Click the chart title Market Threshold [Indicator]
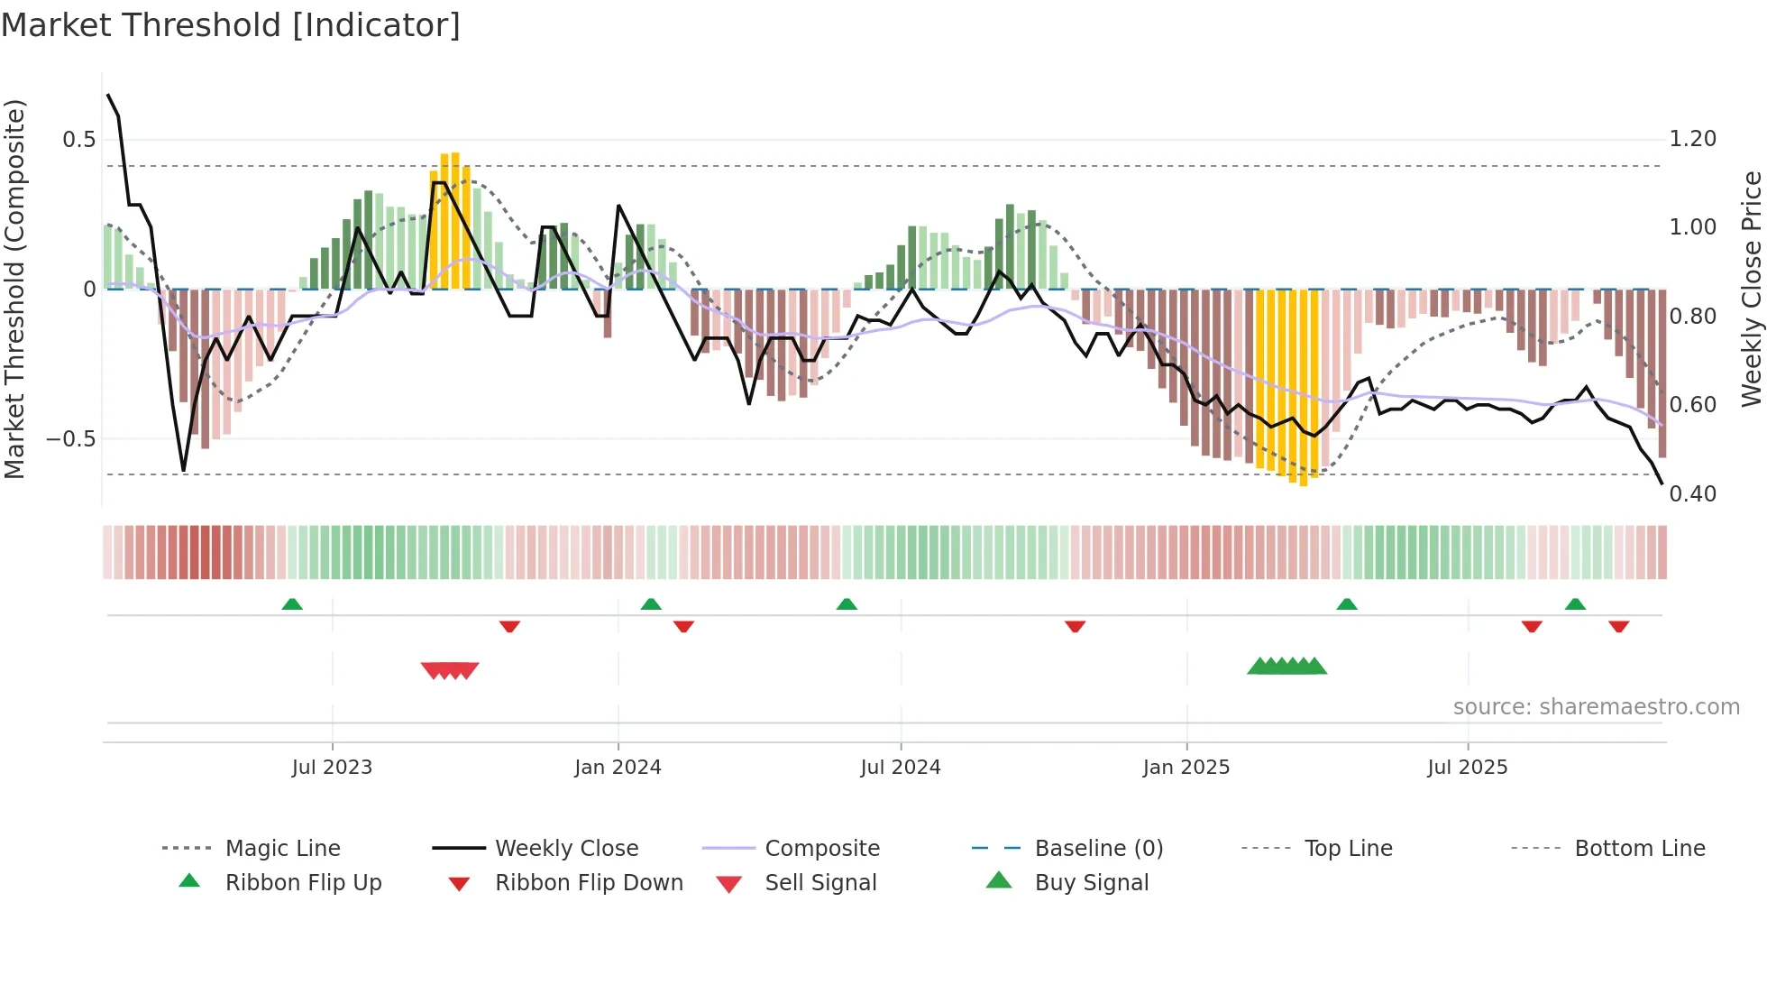coord(231,25)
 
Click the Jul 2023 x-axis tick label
coord(332,767)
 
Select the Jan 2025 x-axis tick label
coord(1186,767)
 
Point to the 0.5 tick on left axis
coord(78,139)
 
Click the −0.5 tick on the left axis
coord(70,439)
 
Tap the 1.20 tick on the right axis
coord(1692,139)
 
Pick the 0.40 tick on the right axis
coord(1692,493)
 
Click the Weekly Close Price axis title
coord(1751,289)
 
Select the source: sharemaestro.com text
coord(1596,706)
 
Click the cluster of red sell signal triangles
coord(450,670)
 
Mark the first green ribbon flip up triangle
coord(292,604)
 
